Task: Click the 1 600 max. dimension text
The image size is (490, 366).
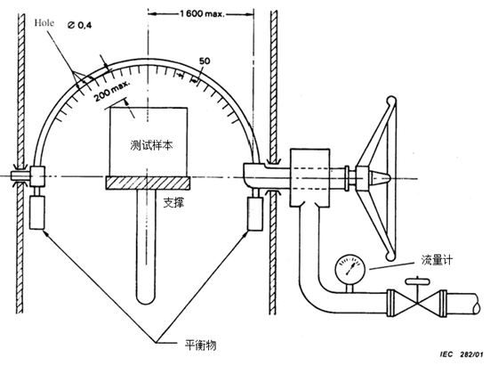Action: [x=202, y=13]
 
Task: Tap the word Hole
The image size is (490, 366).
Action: [x=44, y=23]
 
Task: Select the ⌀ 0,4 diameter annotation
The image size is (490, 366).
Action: [x=80, y=26]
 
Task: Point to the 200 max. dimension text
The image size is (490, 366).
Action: [x=112, y=91]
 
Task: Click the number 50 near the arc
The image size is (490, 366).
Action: [x=205, y=61]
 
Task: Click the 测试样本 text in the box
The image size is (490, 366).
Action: [x=151, y=145]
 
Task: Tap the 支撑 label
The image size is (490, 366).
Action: [x=174, y=203]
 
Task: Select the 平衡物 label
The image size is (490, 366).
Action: [x=200, y=346]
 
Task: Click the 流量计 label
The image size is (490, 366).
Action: [x=437, y=260]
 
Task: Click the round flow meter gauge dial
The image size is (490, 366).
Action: [x=350, y=268]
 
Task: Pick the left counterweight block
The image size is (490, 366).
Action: [x=36, y=213]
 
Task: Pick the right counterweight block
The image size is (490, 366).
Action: [x=255, y=214]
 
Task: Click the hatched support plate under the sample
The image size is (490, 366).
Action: [x=148, y=183]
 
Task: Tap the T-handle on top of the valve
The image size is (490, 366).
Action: [x=417, y=281]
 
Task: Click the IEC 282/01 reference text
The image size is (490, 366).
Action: [x=462, y=354]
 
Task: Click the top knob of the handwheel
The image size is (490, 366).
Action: [x=391, y=102]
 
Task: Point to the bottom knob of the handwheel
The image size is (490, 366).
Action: [x=390, y=256]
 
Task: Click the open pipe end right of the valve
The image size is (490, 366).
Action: [x=475, y=303]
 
